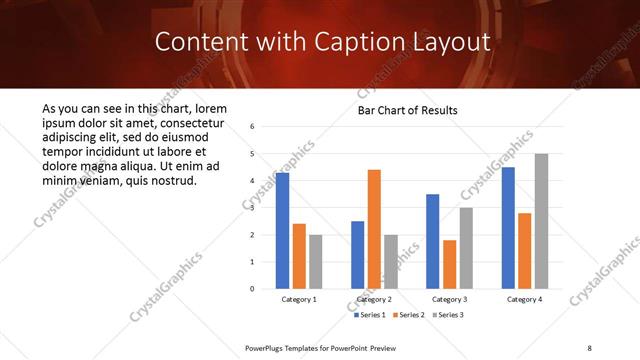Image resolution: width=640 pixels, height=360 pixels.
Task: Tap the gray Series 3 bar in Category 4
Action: (x=541, y=221)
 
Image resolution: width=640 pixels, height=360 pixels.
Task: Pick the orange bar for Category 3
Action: (x=449, y=264)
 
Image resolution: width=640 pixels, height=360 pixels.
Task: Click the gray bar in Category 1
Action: (x=316, y=262)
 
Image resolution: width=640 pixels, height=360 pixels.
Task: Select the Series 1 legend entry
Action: (x=371, y=315)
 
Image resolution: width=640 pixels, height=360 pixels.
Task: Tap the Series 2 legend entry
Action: (x=408, y=315)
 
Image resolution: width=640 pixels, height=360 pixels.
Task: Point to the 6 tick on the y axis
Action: (x=253, y=127)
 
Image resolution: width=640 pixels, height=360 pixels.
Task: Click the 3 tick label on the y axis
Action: (x=253, y=208)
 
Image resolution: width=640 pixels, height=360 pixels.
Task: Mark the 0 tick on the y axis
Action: (x=253, y=289)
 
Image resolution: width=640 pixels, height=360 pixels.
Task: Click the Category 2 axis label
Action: (x=374, y=299)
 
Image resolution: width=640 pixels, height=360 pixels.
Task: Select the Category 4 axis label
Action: (x=524, y=299)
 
